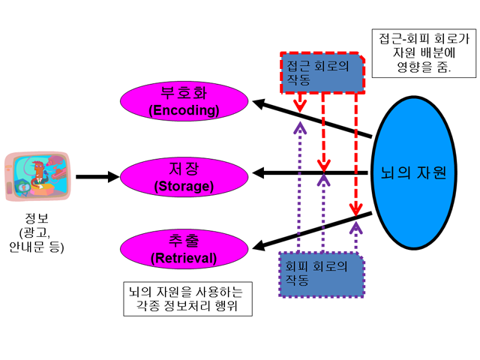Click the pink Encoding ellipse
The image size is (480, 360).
(x=184, y=101)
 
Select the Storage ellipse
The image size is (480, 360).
(x=184, y=177)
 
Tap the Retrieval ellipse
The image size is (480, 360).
(x=184, y=249)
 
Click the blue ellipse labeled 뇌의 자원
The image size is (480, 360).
(x=414, y=172)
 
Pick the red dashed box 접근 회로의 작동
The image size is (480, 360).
(x=322, y=73)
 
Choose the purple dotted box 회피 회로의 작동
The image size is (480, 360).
(x=322, y=274)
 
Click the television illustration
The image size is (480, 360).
(x=37, y=176)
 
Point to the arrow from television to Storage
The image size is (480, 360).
(x=97, y=177)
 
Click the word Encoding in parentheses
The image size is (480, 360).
(x=184, y=110)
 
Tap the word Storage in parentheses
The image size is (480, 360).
(x=184, y=186)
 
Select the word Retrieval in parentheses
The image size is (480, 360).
(x=184, y=258)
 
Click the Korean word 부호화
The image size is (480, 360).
(x=184, y=93)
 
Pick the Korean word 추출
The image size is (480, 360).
(x=184, y=241)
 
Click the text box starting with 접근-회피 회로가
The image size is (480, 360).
(x=424, y=53)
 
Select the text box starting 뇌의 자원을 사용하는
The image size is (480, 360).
(x=187, y=298)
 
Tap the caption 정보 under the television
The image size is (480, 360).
(x=37, y=218)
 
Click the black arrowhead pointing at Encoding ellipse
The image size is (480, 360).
(x=258, y=104)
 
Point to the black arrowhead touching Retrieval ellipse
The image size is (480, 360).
(x=258, y=245)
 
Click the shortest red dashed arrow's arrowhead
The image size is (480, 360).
(x=300, y=107)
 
